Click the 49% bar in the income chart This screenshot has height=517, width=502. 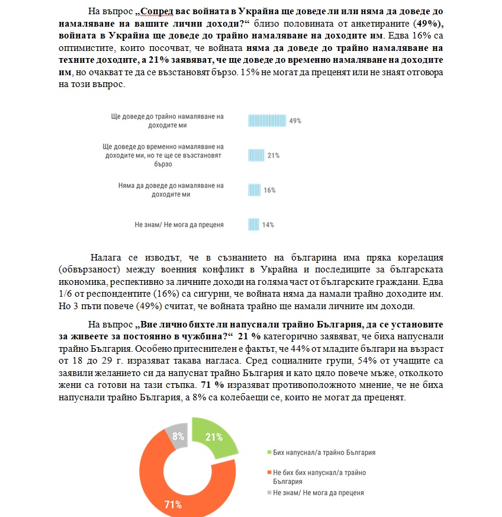pyautogui.click(x=267, y=120)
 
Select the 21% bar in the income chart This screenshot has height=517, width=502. pyautogui.click(x=256, y=155)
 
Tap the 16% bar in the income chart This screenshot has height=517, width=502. pyautogui.click(x=253, y=190)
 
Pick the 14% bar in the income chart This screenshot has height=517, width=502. pyautogui.click(x=253, y=224)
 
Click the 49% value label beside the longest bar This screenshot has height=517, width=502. pyautogui.click(x=295, y=121)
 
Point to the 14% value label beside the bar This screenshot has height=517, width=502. pyautogui.click(x=268, y=225)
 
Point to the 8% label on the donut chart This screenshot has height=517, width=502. pyautogui.click(x=177, y=435)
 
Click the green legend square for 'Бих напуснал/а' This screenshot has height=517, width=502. pyautogui.click(x=269, y=452)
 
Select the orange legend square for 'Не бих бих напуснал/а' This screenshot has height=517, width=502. pyautogui.click(x=269, y=472)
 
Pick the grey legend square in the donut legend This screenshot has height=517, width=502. pyautogui.click(x=269, y=493)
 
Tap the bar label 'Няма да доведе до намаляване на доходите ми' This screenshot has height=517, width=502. pyautogui.click(x=171, y=190)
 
